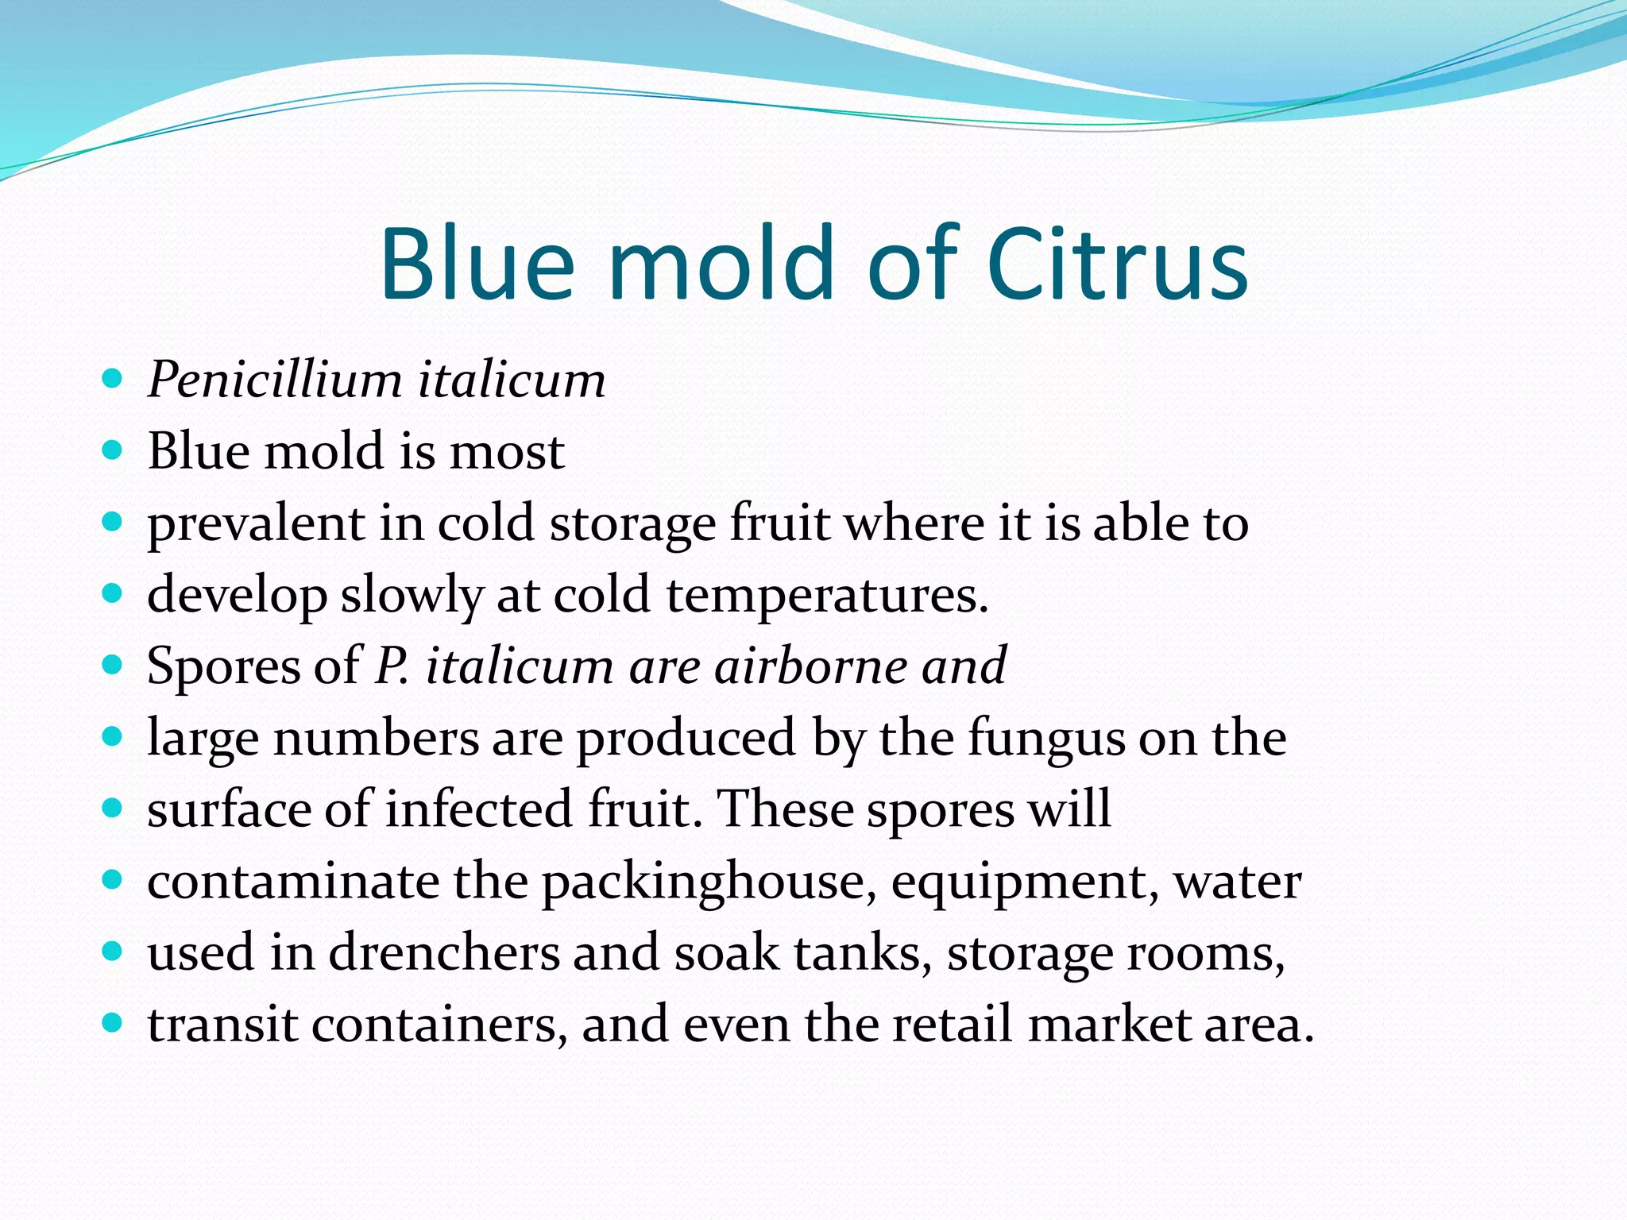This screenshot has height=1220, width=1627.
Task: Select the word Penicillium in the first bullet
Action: (275, 379)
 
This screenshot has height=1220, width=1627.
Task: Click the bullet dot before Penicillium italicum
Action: (113, 378)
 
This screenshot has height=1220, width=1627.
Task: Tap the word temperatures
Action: (827, 596)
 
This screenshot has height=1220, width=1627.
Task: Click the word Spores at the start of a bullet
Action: (223, 667)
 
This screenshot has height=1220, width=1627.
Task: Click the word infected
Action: (479, 810)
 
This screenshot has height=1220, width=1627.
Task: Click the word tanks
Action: (863, 953)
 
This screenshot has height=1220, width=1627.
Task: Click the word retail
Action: (953, 1025)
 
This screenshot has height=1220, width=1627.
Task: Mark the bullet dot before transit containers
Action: (113, 1023)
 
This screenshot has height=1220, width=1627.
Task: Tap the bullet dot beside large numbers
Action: (113, 737)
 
